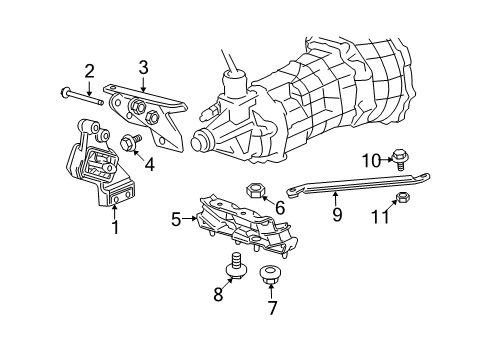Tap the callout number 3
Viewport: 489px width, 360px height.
tap(143, 68)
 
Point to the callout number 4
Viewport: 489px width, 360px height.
tap(149, 163)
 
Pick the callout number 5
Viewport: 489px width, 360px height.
tap(177, 217)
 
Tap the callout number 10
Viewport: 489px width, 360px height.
tap(371, 159)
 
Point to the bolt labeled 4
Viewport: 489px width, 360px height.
tap(130, 143)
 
